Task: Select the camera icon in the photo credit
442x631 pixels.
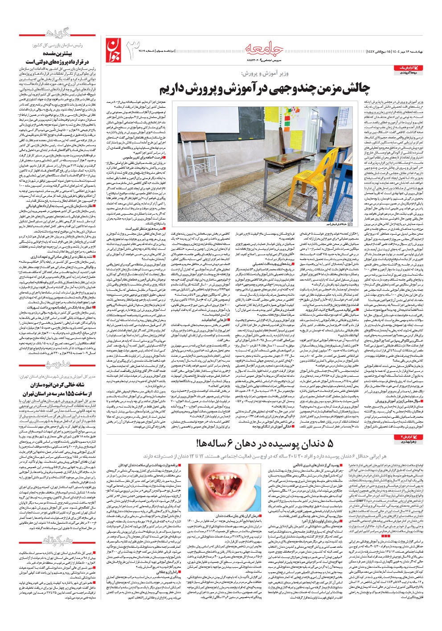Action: point(349,225)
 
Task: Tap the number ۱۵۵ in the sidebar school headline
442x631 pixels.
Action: point(70,395)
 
